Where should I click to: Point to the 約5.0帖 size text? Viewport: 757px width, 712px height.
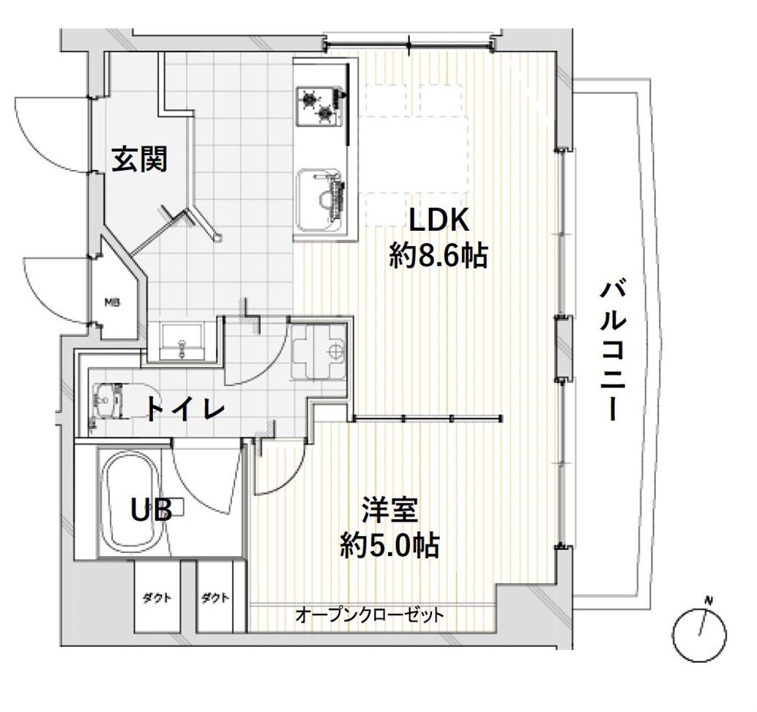[389, 546]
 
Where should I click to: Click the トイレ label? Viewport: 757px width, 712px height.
[184, 409]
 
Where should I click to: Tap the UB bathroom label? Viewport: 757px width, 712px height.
[152, 510]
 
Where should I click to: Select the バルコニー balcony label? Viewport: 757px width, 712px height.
[612, 351]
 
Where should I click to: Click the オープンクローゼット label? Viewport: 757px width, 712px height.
[370, 615]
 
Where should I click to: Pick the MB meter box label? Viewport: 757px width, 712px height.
[112, 302]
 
